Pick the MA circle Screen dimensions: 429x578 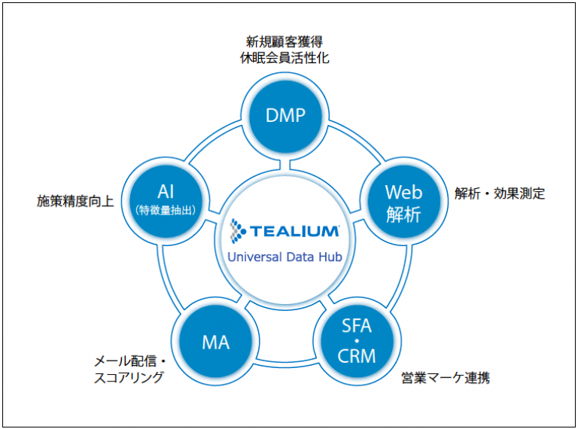(215, 342)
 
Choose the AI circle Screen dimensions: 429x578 (166, 199)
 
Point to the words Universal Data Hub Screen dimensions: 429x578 (285, 257)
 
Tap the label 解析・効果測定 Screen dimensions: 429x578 (500, 193)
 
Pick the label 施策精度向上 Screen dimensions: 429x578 (75, 201)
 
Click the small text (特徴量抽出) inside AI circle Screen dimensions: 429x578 (166, 211)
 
